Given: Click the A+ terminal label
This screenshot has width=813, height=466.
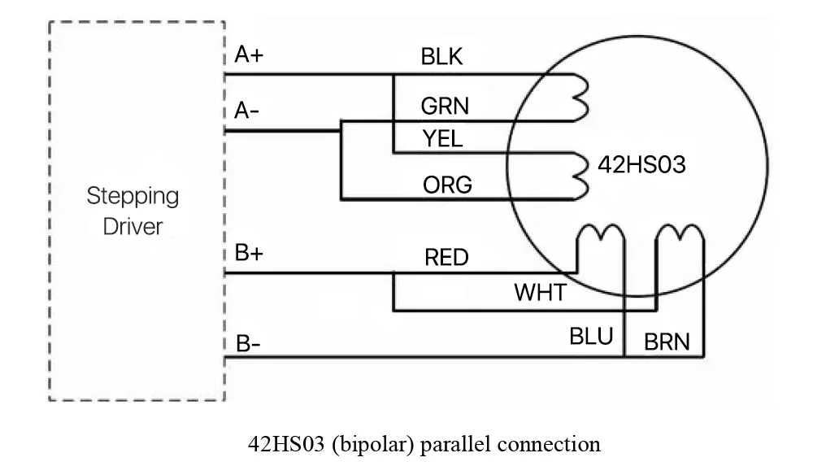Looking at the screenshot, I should click(250, 55).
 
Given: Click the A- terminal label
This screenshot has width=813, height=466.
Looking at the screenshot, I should click(247, 111).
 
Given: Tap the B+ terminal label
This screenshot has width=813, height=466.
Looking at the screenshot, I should click(250, 253).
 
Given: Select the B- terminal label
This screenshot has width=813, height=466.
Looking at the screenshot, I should click(247, 343).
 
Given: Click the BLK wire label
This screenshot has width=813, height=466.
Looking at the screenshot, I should click(441, 57).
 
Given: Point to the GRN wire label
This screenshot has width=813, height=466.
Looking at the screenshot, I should click(445, 107).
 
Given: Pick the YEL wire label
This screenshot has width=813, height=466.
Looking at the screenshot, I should click(443, 139).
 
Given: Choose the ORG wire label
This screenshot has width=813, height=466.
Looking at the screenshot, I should click(447, 185).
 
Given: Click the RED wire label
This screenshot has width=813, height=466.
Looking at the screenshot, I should click(446, 258).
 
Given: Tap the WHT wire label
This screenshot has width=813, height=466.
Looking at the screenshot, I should click(540, 292).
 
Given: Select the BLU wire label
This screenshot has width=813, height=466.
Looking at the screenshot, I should click(591, 336).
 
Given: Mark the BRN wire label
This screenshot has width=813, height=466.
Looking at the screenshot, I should click(667, 342).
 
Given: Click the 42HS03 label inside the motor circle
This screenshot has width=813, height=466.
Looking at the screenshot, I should click(641, 165).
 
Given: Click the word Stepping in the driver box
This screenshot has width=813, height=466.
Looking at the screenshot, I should click(133, 197).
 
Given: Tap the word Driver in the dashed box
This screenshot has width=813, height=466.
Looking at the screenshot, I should click(133, 225).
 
